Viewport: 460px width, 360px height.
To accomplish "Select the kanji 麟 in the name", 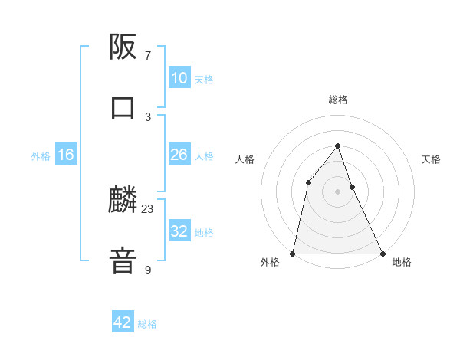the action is [123, 201].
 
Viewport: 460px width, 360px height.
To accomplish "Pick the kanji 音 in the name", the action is [123, 260].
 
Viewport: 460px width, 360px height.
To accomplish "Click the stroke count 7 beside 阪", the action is [148, 56].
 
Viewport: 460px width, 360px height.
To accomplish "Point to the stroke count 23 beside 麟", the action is [148, 209].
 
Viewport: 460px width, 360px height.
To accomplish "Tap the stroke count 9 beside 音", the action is [148, 270].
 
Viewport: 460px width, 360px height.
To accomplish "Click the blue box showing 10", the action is [179, 78].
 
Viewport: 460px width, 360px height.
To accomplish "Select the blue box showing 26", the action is [179, 155].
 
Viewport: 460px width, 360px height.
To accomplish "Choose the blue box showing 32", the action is [179, 231].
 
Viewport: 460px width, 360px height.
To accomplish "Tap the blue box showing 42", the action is [123, 322].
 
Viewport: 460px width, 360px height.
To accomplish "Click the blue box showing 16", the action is [66, 155].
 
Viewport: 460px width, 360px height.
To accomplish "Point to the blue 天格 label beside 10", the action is [204, 79].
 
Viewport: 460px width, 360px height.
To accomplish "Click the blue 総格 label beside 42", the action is [147, 323].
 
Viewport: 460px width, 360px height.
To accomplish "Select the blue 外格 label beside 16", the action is [41, 155].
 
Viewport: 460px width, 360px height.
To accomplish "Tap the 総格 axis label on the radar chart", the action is [337, 100].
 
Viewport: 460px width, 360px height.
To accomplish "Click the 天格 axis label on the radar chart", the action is [431, 159].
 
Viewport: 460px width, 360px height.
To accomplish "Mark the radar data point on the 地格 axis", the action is [382, 253].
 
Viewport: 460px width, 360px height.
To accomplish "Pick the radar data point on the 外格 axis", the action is [293, 253].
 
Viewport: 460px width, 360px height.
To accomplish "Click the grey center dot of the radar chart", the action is [337, 191].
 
